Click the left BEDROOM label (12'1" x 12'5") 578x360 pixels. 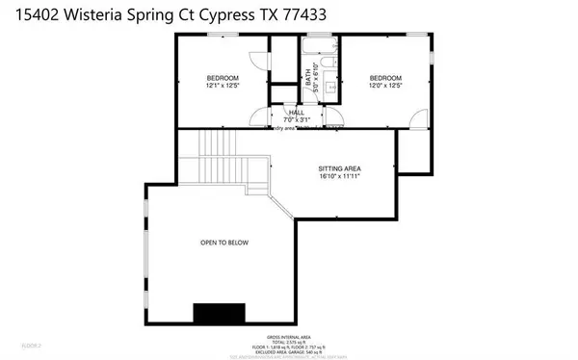pyautogui.click(x=222, y=77)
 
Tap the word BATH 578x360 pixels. pyautogui.click(x=310, y=81)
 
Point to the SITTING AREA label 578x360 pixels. pyautogui.click(x=339, y=167)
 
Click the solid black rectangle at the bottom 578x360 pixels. pyautogui.click(x=220, y=315)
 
